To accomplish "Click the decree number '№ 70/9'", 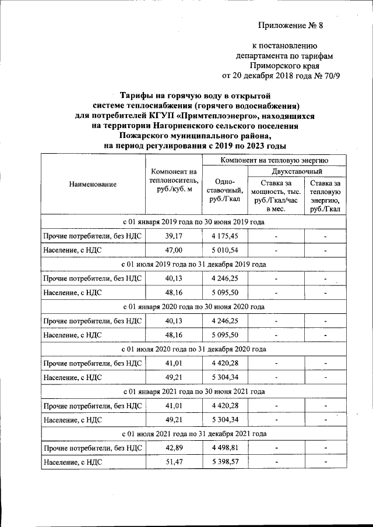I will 321,76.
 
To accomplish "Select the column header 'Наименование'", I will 93,184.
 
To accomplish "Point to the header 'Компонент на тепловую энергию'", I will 275,159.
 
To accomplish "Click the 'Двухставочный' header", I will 297,171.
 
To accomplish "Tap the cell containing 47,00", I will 174,249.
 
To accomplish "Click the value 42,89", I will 174,448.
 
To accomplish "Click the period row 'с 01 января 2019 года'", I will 193,222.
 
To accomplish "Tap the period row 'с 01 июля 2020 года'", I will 193,349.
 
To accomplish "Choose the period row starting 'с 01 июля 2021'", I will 193,434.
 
